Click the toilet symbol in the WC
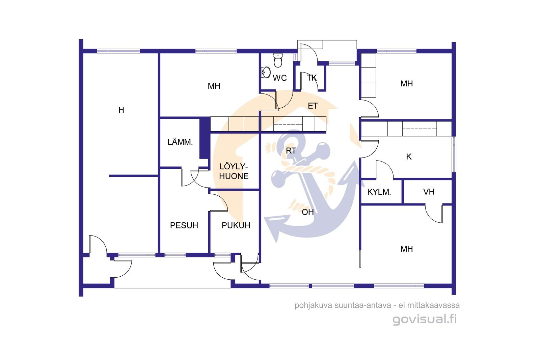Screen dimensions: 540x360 tap(278, 60)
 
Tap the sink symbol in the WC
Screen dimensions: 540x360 tap(266, 72)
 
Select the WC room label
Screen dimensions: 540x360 tap(280, 78)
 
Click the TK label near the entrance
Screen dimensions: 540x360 tap(312, 78)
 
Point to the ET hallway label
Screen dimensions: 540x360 tap(313, 106)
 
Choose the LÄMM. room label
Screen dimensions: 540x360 tap(180, 142)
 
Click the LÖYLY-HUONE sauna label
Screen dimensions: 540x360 tap(234, 171)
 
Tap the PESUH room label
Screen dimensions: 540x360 tap(184, 225)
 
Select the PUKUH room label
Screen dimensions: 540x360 tap(236, 225)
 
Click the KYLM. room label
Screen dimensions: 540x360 tap(379, 192)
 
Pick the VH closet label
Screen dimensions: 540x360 tap(429, 192)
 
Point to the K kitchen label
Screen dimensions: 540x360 tap(409, 157)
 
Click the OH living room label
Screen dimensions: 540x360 tap(307, 212)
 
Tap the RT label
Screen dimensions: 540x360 tap(291, 151)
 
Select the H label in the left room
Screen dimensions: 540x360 tap(121, 110)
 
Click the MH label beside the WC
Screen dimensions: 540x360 tap(214, 86)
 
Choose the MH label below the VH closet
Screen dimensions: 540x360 tap(406, 249)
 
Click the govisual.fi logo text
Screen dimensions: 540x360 tap(425, 319)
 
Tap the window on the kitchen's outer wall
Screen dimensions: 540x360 tap(454, 154)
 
